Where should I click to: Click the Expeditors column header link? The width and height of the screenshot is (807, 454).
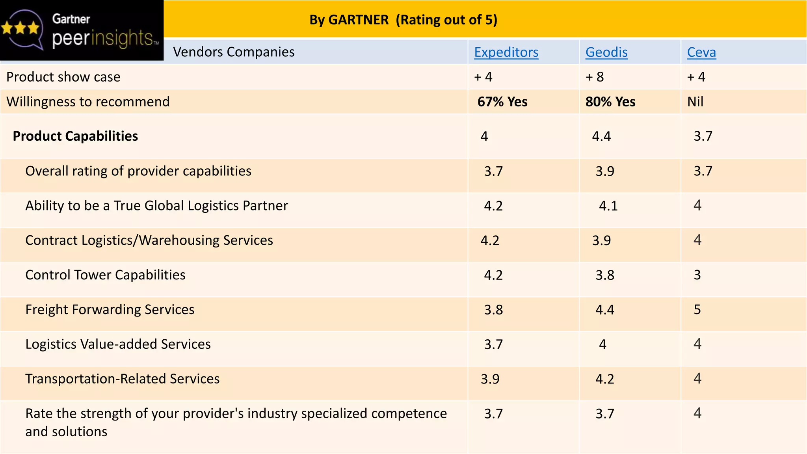[506, 52]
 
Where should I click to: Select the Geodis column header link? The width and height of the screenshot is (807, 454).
[606, 52]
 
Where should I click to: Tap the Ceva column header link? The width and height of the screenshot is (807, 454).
[701, 52]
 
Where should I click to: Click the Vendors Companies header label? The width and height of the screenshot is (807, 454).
[234, 52]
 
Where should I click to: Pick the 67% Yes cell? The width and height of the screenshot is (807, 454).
[502, 102]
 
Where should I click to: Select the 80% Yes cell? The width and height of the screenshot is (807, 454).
[610, 102]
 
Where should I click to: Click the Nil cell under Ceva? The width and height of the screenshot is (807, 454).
[695, 102]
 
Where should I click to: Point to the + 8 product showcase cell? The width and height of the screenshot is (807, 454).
[595, 77]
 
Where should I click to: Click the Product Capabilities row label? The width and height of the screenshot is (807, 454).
[75, 136]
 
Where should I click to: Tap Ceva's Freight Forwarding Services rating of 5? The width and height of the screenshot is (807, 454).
[697, 309]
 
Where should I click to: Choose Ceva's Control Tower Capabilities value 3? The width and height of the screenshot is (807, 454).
[697, 275]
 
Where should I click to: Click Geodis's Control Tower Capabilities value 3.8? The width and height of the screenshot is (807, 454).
[605, 275]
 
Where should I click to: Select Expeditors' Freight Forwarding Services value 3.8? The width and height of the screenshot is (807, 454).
[493, 310]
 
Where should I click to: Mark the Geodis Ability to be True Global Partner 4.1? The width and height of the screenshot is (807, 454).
[608, 206]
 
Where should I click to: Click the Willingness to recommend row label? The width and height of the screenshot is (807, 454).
[88, 102]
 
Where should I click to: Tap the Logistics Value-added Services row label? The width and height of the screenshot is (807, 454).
[118, 344]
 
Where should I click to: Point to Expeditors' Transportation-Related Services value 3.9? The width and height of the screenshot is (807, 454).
[490, 379]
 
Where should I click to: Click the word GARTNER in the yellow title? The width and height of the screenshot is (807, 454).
[358, 20]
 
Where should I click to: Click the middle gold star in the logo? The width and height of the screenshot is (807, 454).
[20, 28]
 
